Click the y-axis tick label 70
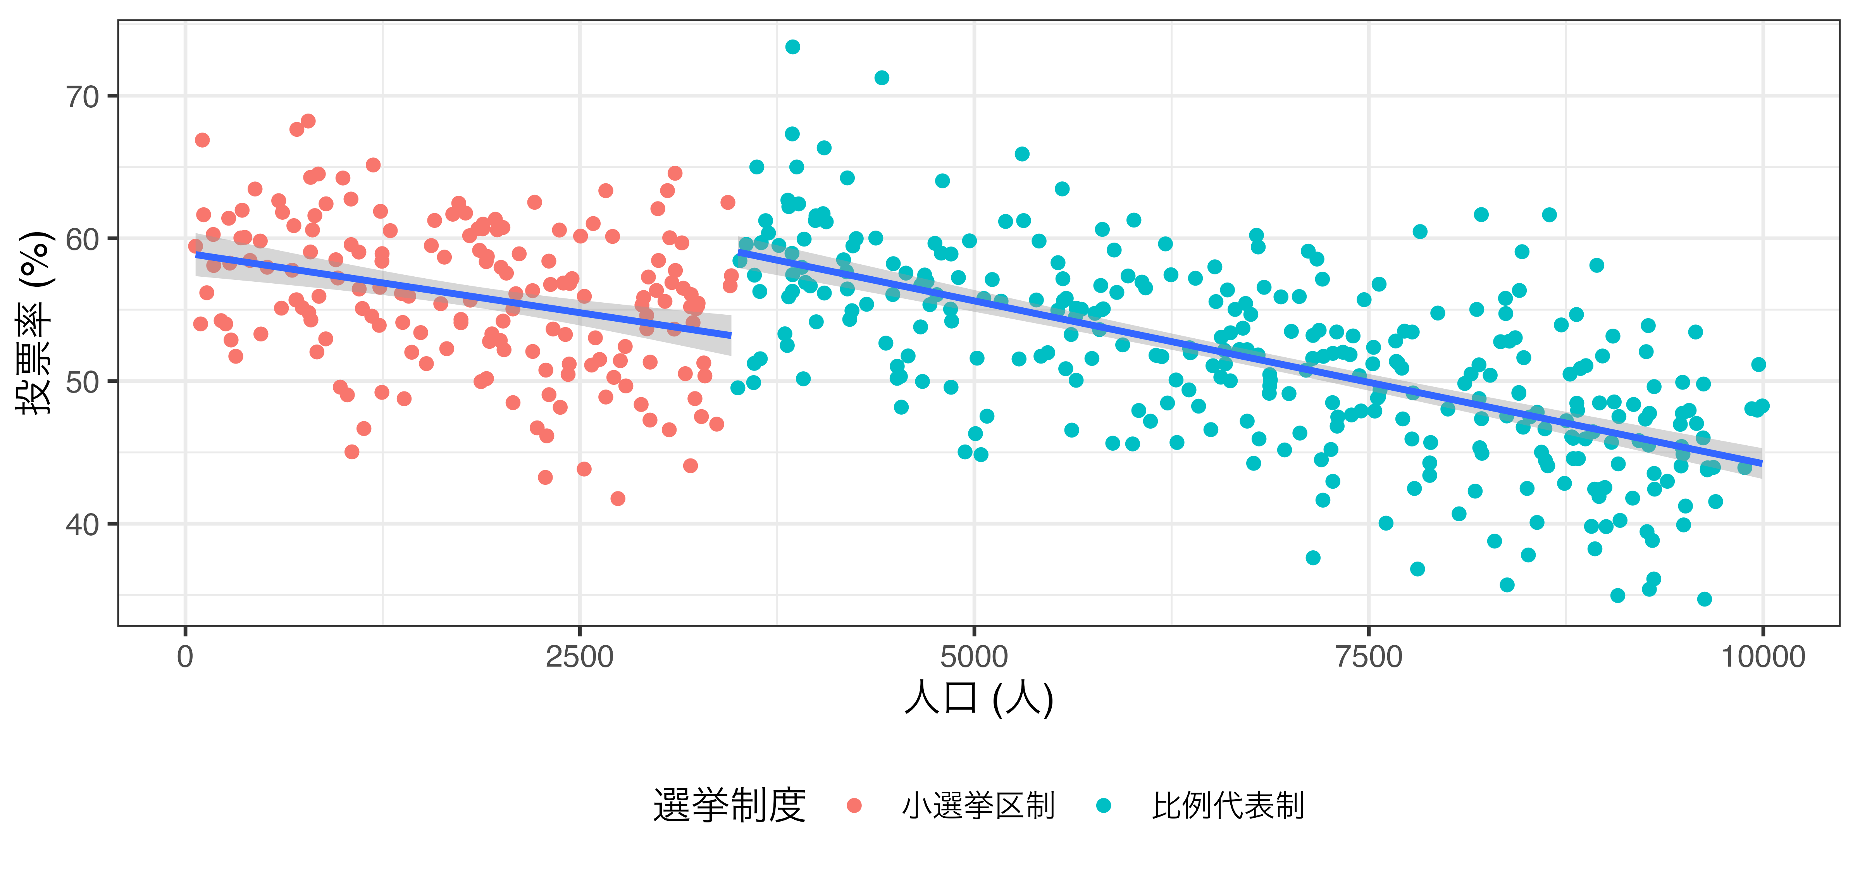[x=82, y=97]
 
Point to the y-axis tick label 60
[x=82, y=239]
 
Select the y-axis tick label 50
[x=82, y=382]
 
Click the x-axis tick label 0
[x=186, y=657]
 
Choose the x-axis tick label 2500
[x=580, y=657]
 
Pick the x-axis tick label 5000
[x=974, y=657]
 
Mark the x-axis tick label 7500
[x=1368, y=657]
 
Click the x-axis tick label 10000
[x=1762, y=657]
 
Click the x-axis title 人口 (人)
[x=978, y=699]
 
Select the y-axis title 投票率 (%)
[x=34, y=323]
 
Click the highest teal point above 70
[x=792, y=47]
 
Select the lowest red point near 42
[x=617, y=499]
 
